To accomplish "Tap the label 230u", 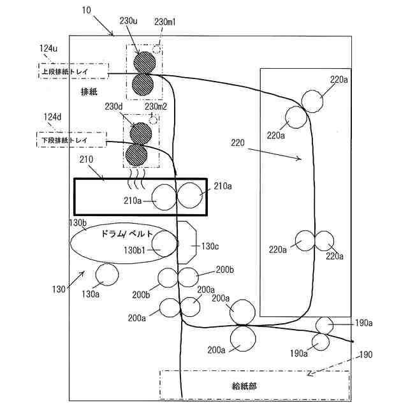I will (x=129, y=21).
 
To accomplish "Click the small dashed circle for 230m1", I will (x=157, y=49).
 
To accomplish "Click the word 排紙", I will (x=89, y=92).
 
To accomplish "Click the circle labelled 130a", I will (x=106, y=275).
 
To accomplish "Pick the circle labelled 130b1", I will (x=165, y=244).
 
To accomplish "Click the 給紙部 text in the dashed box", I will (x=244, y=386).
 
